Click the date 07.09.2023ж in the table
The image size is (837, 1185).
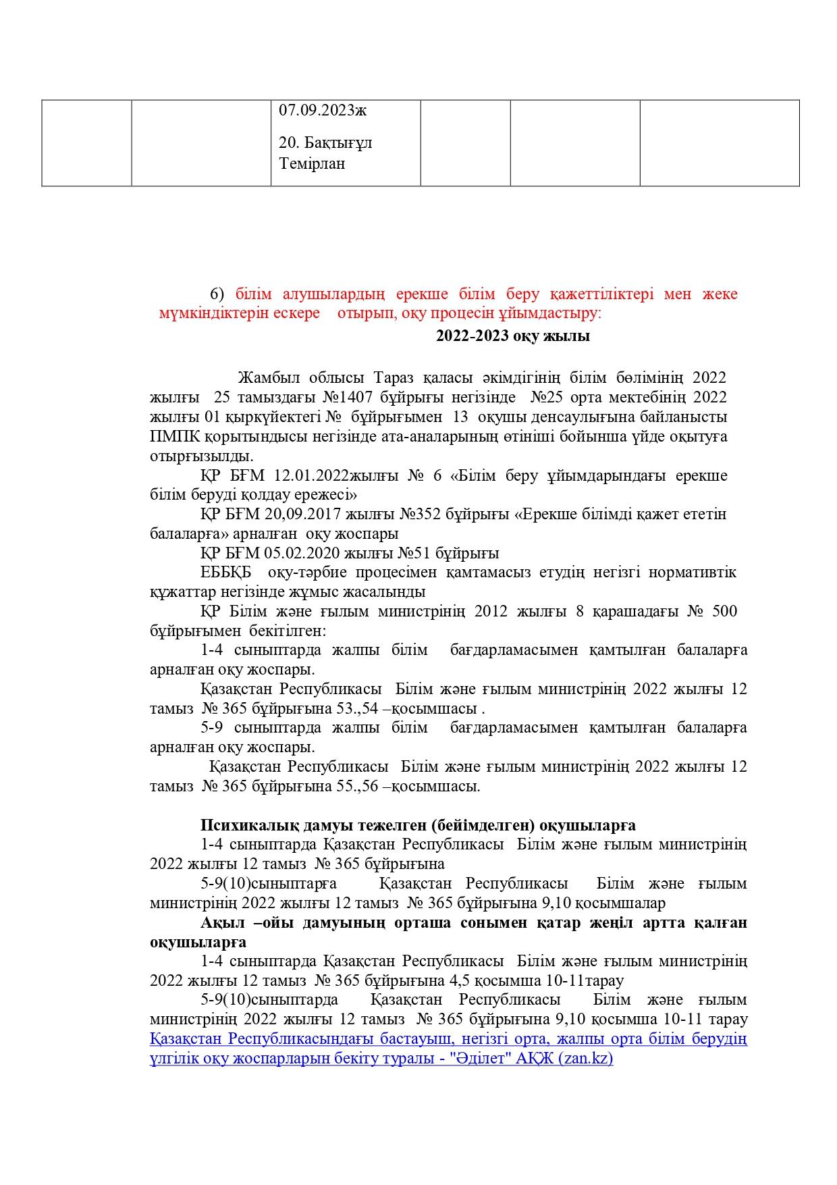pyautogui.click(x=323, y=110)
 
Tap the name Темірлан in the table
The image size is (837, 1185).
pyautogui.click(x=312, y=163)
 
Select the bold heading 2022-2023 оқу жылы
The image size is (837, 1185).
pyautogui.click(x=512, y=336)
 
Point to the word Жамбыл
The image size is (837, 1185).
pyautogui.click(x=267, y=377)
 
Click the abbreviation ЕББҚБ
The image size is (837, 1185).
pyautogui.click(x=226, y=573)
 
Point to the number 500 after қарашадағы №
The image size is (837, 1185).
pyautogui.click(x=724, y=611)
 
